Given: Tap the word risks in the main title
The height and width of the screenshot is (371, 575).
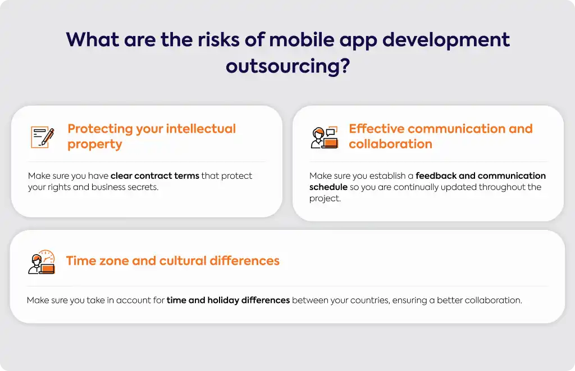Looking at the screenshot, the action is tap(218, 40).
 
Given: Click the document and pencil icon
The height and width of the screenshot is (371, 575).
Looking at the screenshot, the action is tap(43, 137).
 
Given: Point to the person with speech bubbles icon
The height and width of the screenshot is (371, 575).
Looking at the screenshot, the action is tap(324, 137).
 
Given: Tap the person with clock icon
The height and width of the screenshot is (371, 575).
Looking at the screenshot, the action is tap(42, 262).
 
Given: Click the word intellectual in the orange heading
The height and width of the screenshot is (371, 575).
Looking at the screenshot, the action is tap(200, 128).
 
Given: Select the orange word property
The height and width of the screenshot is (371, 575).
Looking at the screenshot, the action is tap(94, 144).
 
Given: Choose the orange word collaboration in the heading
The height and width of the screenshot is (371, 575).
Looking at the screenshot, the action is tap(391, 144).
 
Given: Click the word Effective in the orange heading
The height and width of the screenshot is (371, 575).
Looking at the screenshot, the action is tap(376, 128).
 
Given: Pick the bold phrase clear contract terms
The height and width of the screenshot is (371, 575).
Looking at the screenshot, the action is tap(155, 176).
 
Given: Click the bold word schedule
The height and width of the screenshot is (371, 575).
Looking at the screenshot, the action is tap(328, 187).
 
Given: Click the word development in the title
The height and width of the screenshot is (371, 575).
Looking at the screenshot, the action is tap(445, 40).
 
